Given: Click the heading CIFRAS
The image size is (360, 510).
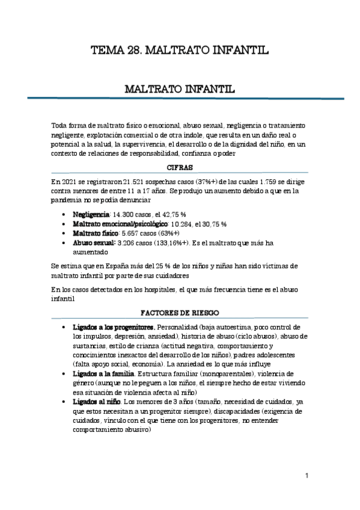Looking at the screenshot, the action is (179, 169).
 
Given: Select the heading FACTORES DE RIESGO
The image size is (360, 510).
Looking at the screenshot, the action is (179, 313).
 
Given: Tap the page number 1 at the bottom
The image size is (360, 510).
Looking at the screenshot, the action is (307, 476).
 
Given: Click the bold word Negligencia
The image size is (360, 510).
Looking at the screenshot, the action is (91, 214).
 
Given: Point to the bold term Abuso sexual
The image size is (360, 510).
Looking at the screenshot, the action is (92, 243).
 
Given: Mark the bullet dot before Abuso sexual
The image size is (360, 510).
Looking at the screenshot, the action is (64, 244).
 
